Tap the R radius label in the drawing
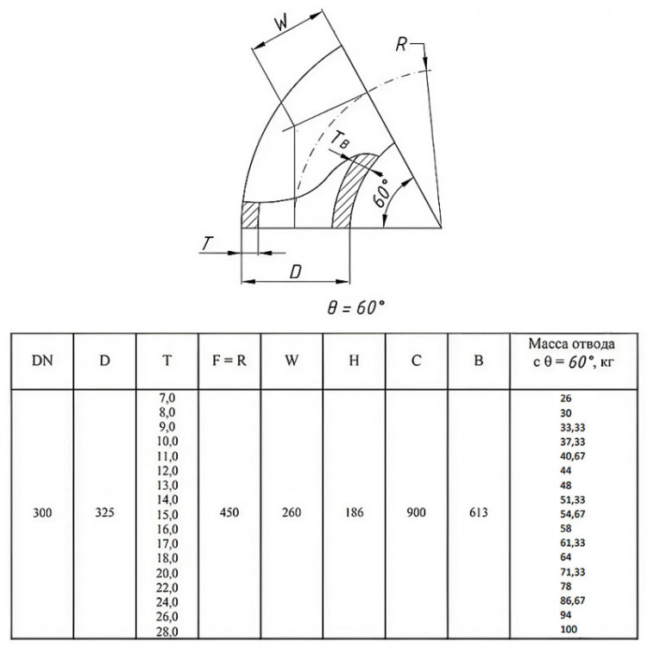401,44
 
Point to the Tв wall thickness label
340,139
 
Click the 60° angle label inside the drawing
382,193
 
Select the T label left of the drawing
207,243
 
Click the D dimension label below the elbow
296,272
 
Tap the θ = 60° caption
355,307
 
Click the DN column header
42,361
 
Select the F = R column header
229,361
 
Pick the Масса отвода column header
572,343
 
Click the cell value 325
104,512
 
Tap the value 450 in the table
229,512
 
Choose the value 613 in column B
479,512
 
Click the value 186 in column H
354,512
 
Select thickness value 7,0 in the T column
167,398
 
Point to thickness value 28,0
167,631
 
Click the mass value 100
568,629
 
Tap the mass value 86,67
573,600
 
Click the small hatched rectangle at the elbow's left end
249,215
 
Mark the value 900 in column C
417,512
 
